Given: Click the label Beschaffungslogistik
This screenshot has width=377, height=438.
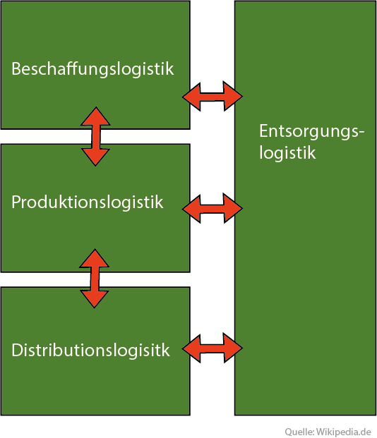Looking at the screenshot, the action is pos(92,68).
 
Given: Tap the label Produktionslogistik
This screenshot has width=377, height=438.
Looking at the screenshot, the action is pos(88,202).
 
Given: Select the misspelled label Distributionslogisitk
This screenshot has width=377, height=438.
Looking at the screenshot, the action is pos(90,350).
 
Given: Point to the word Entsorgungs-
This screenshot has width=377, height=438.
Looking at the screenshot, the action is pos(312,132).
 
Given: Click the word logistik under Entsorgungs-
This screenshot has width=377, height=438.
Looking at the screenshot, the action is pos(287,153).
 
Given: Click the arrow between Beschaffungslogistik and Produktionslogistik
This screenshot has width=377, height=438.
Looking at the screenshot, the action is pos(95,136).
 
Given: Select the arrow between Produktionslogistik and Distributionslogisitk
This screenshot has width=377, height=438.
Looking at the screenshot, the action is pos(95,279).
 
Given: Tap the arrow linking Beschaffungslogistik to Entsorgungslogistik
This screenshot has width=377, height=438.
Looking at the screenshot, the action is pos(213,97).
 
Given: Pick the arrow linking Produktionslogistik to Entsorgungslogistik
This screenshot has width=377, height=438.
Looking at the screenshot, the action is pos(213,208).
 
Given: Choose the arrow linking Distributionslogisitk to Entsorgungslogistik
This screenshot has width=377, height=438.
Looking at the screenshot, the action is pos(213,348).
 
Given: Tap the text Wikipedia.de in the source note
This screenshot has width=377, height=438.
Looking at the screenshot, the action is pos(344,432).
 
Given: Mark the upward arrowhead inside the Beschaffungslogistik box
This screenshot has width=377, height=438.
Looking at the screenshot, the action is pos(95,116).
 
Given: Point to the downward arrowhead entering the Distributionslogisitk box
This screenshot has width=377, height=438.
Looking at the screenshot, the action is pos(95,299).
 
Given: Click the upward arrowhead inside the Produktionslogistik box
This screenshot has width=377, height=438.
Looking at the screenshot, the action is pos(95,258).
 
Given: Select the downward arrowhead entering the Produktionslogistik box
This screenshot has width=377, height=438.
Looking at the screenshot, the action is pos(95,157).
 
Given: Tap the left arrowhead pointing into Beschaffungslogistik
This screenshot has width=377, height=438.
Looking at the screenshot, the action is pos(192,97).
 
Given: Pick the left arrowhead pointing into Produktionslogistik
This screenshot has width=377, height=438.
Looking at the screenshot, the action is pos(192,208).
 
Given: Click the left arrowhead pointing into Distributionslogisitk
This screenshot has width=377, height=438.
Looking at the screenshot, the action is pos(192,348).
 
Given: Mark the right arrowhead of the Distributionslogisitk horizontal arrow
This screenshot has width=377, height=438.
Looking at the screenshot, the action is pos(233,348).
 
